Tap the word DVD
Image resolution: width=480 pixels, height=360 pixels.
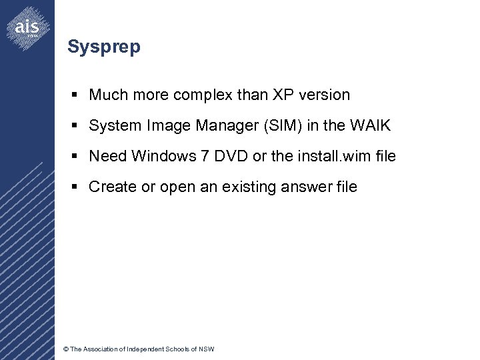click(231, 157)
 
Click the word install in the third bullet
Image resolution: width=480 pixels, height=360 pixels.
click(313, 157)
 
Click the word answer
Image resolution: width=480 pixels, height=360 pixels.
click(308, 187)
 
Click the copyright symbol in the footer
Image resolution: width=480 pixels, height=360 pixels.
click(65, 349)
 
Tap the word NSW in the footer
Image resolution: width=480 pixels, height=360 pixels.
click(207, 349)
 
